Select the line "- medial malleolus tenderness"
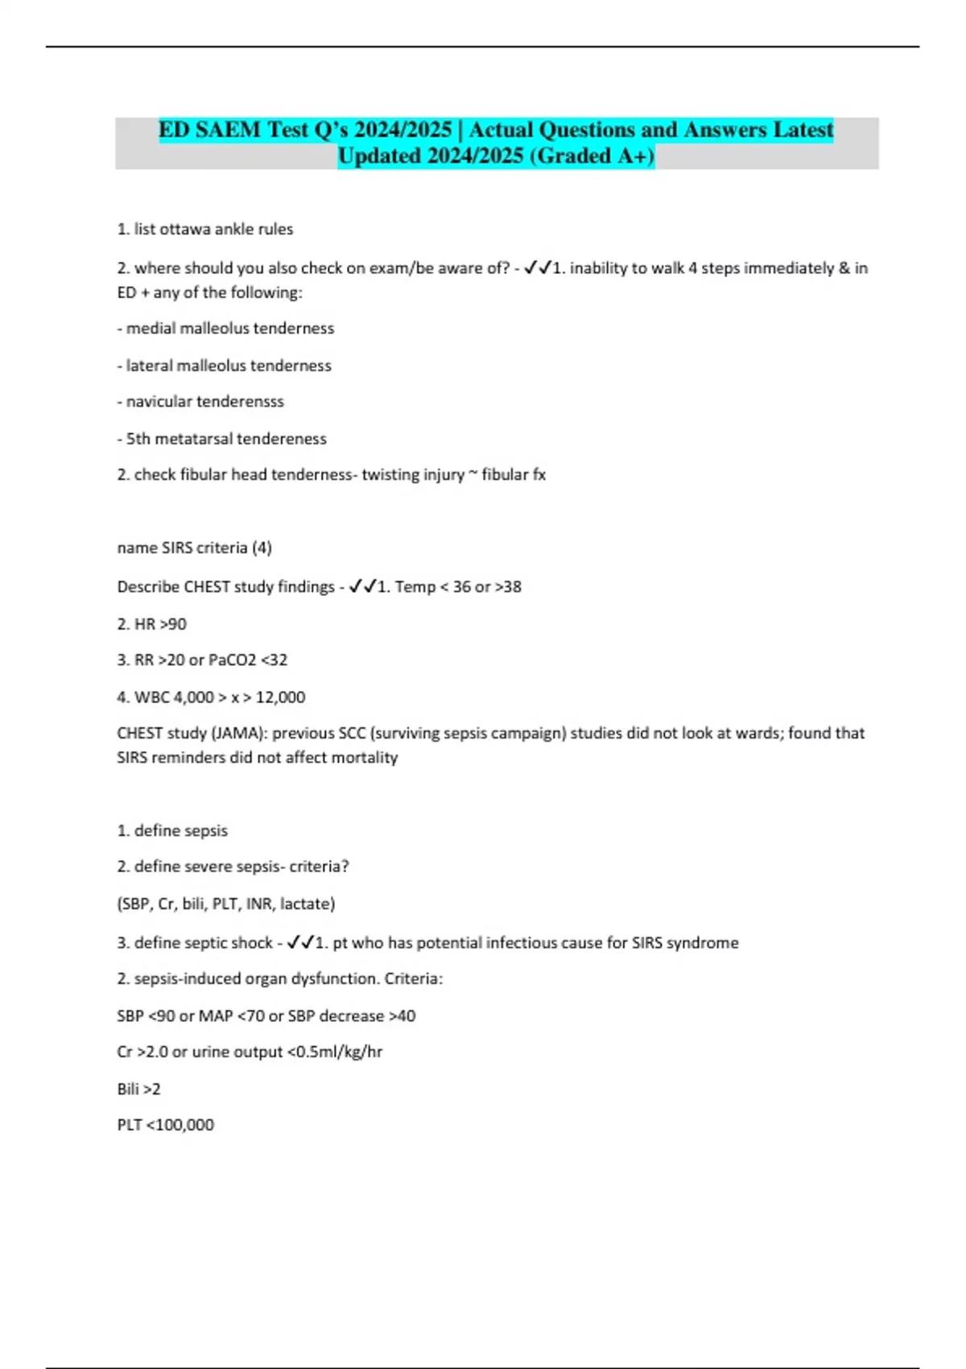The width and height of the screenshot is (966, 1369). point(225,329)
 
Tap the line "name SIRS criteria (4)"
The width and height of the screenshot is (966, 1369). point(195,548)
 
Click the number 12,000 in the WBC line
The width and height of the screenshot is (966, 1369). point(280,697)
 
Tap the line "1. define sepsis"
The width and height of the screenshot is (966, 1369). point(172,830)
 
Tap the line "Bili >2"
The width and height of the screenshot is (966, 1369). point(138,1089)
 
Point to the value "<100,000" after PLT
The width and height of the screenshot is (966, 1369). point(180,1125)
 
